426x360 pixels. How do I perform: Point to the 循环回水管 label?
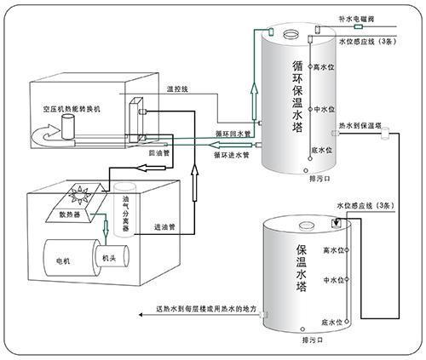pyautogui.click(x=233, y=134)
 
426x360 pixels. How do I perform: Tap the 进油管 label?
pyautogui.click(x=164, y=227)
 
